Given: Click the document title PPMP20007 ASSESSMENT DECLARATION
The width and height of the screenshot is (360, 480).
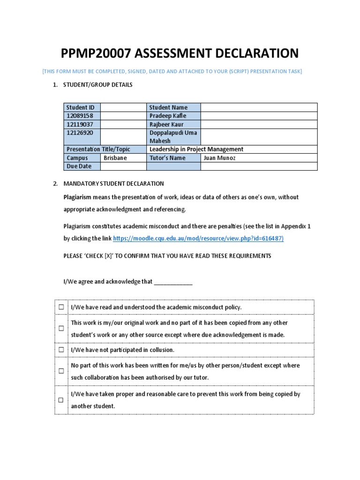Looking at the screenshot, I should tap(180, 53).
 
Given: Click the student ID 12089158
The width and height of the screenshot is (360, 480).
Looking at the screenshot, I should tap(79, 116).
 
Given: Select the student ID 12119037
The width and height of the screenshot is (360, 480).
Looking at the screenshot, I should tap(79, 124).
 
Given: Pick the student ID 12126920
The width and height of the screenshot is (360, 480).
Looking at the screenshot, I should tap(79, 133).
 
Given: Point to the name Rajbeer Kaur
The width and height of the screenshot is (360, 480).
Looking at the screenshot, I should tap(166, 124).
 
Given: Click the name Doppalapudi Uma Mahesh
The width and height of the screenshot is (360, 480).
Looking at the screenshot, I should tap(173, 136).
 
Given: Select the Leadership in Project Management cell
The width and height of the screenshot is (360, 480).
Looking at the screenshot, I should tap(196, 149).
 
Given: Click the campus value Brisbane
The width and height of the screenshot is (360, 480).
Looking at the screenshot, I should tap(115, 158).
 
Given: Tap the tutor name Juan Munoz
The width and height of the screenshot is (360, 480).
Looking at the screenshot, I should tap(219, 158).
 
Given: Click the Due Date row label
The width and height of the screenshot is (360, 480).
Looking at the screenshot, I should tap(79, 166).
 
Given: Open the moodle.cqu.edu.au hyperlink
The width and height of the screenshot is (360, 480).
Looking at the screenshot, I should tap(198, 239).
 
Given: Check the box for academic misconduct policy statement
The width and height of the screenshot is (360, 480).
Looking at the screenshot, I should tap(61, 307).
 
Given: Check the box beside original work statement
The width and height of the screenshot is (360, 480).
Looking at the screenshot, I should tap(61, 329).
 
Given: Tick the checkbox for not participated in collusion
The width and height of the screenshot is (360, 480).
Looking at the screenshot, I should tap(61, 350).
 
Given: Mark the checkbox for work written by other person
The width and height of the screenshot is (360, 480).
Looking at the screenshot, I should tap(61, 371).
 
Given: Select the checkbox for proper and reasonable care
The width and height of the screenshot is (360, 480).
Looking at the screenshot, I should tap(61, 400).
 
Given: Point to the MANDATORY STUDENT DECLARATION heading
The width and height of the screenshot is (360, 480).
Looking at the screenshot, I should tap(113, 184).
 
